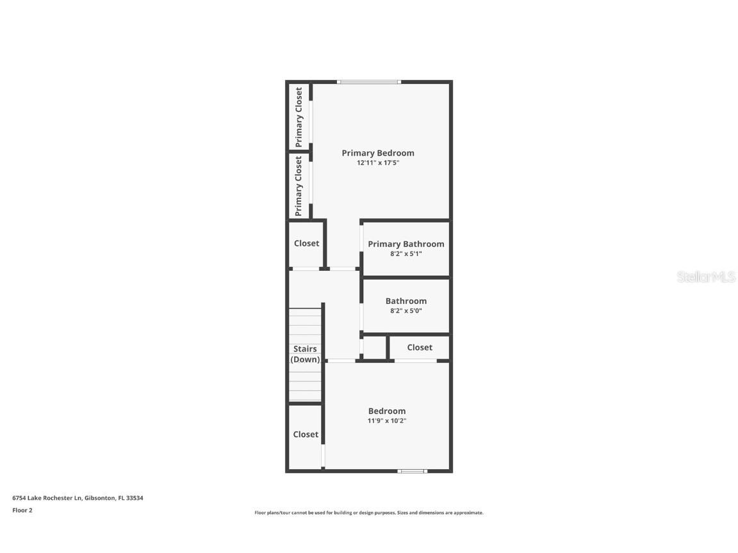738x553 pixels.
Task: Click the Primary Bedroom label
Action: [x=377, y=153]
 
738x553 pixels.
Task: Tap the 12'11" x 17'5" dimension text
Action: [x=377, y=163]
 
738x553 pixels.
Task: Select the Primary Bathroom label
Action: [x=406, y=244]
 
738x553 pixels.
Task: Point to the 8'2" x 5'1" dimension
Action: [x=406, y=254]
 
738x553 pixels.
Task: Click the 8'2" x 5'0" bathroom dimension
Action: [x=406, y=311]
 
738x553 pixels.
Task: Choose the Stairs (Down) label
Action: [x=305, y=354]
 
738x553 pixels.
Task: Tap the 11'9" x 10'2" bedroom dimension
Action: [x=387, y=421]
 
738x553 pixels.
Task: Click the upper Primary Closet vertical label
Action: [x=299, y=117]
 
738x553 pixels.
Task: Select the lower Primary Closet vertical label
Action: [x=299, y=186]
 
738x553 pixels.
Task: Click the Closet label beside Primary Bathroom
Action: [x=306, y=243]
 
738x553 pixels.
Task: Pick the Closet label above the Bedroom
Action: [x=420, y=348]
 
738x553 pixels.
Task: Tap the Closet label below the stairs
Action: [x=306, y=435]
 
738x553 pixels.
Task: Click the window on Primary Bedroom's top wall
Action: [x=369, y=82]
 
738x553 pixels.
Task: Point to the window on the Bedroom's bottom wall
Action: [x=412, y=472]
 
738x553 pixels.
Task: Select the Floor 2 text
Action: [x=22, y=510]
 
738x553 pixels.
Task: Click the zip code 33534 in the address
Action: [x=135, y=498]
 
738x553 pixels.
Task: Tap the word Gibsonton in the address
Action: [x=99, y=498]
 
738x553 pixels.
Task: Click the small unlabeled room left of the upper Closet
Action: [x=375, y=348]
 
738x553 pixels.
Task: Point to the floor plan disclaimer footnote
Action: [x=369, y=513]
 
